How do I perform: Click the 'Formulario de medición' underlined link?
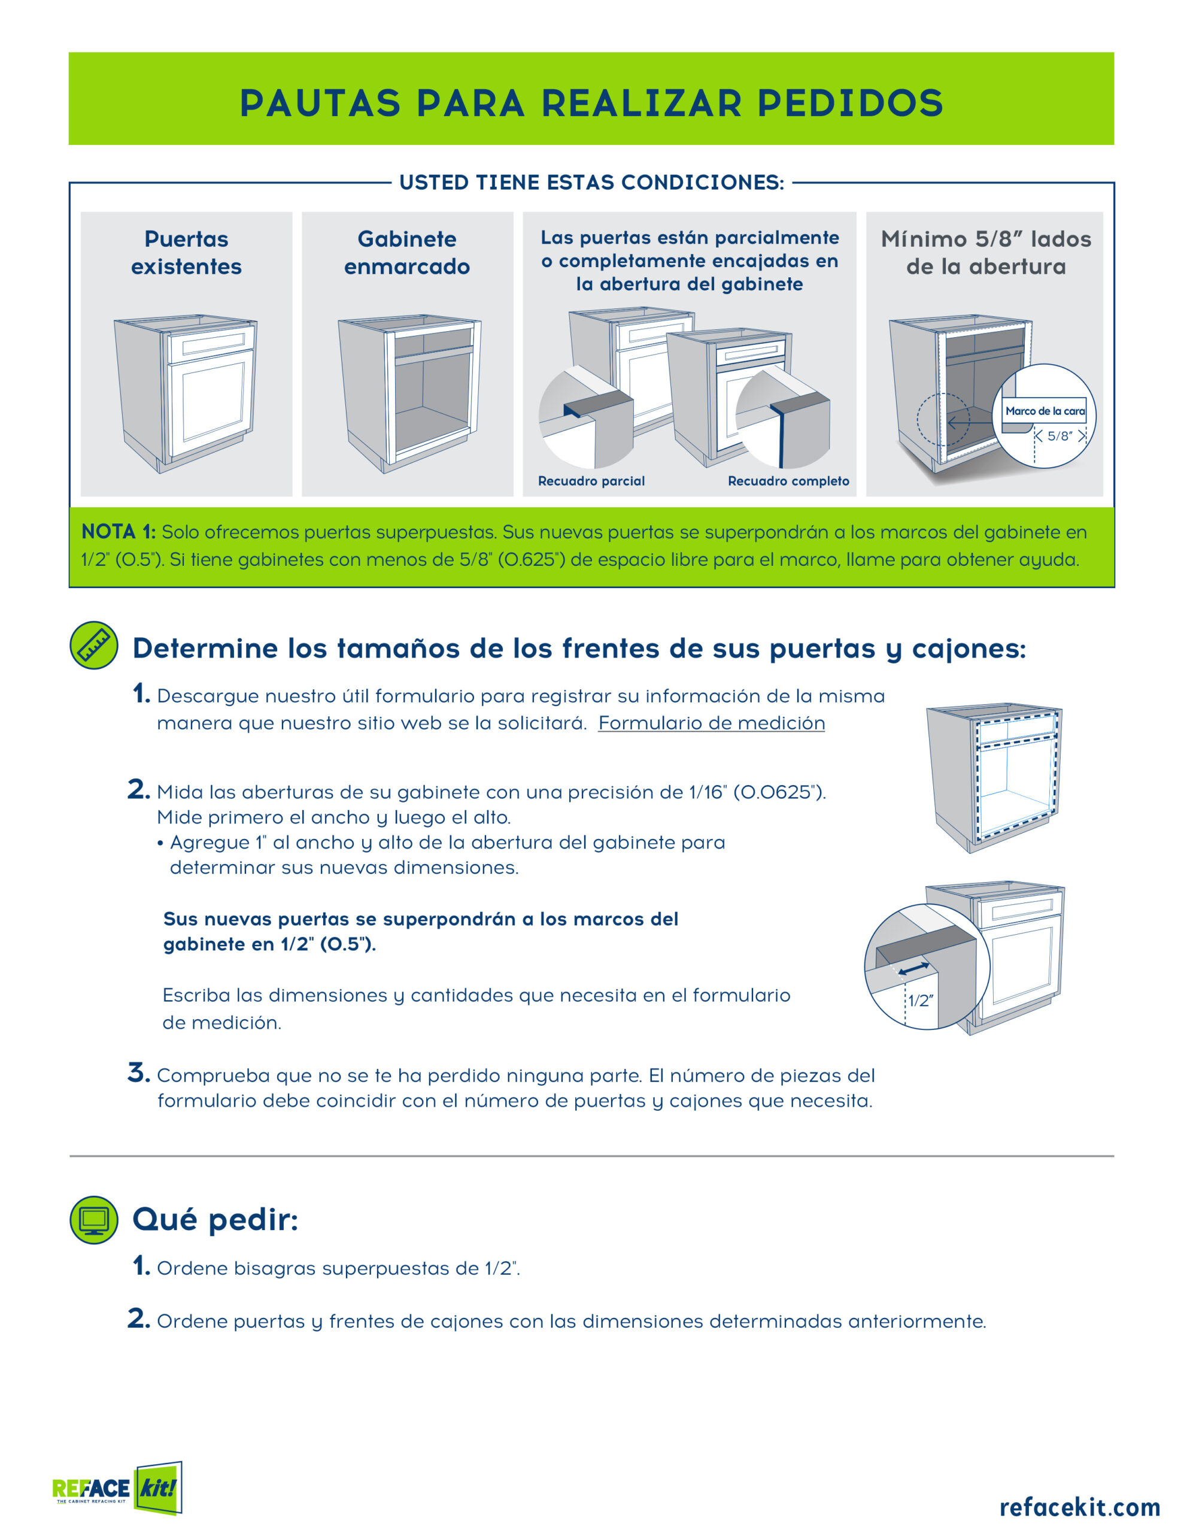(x=711, y=723)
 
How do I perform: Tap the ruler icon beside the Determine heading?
(x=94, y=645)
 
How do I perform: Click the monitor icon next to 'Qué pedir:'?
(x=94, y=1220)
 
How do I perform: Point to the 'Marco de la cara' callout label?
(x=1045, y=411)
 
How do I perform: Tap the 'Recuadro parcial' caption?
(x=591, y=481)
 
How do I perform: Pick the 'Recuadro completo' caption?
(x=788, y=481)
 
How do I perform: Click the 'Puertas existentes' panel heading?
(x=186, y=253)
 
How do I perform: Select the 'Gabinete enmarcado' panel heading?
(x=407, y=253)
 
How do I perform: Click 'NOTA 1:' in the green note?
(x=119, y=531)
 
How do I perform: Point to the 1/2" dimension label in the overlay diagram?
(x=921, y=1001)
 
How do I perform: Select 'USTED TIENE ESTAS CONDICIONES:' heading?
(x=591, y=183)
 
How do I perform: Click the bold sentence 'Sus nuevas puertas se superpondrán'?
(x=421, y=931)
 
